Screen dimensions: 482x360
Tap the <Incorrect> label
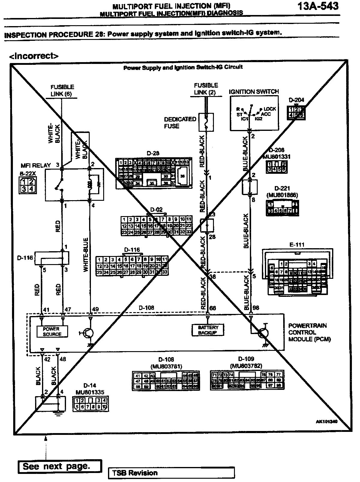tap(34, 56)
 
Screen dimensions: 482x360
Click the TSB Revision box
tap(171, 473)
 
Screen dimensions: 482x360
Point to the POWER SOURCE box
tap(52, 331)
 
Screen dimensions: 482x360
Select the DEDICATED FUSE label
tap(180, 122)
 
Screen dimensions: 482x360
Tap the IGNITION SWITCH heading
tap(254, 92)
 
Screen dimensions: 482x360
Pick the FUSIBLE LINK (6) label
tap(62, 90)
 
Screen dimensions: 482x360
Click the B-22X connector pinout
tap(27, 185)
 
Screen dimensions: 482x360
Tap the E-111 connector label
tap(297, 245)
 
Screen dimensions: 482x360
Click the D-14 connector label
tap(90, 385)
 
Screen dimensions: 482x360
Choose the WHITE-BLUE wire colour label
tap(86, 255)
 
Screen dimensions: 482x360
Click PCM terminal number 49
tap(95, 309)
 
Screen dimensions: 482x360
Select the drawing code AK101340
tap(326, 421)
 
